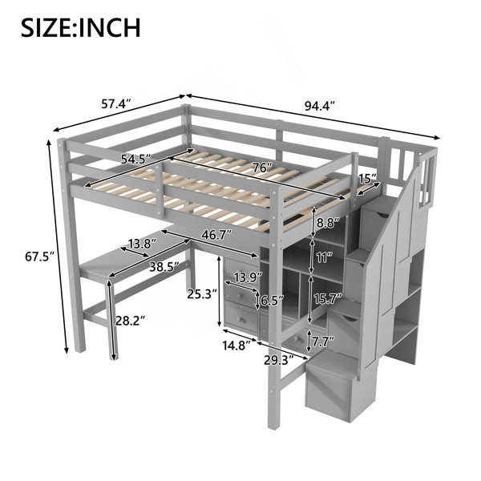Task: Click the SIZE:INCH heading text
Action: coord(81,27)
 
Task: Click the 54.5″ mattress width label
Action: coord(136,159)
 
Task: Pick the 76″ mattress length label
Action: coord(263,168)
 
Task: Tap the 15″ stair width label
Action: coord(367,179)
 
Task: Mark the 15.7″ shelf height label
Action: coord(328,298)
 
